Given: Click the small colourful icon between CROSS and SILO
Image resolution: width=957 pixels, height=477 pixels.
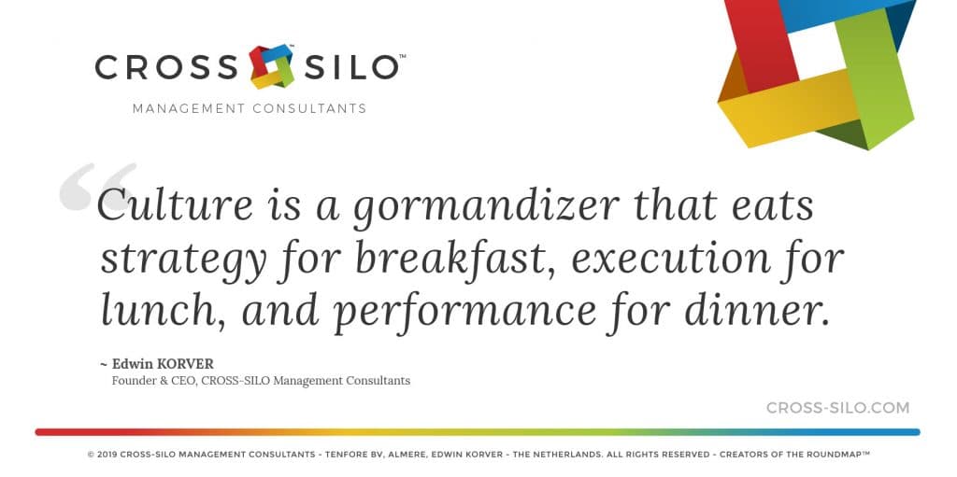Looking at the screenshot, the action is [272, 66].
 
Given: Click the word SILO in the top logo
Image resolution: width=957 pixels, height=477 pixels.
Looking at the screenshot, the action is [351, 67].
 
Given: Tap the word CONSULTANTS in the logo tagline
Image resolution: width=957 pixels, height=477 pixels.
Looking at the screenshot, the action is [309, 108].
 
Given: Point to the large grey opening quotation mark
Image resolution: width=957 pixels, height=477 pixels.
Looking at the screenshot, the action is [97, 186].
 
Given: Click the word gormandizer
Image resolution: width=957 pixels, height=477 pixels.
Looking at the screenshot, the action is [486, 206].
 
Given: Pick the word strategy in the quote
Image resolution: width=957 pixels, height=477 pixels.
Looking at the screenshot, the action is [184, 261].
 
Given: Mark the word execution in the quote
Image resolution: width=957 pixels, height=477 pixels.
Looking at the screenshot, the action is [671, 258].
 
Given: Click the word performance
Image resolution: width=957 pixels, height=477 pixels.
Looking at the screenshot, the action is [465, 313].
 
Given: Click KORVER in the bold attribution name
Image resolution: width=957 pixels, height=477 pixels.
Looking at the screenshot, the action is [186, 364].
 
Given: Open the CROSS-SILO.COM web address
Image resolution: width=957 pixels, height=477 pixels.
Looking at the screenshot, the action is [838, 408].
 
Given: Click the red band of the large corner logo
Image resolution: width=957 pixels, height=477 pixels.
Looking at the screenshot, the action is [753, 43].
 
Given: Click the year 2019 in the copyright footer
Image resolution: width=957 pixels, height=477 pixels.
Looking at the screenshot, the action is [107, 455].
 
